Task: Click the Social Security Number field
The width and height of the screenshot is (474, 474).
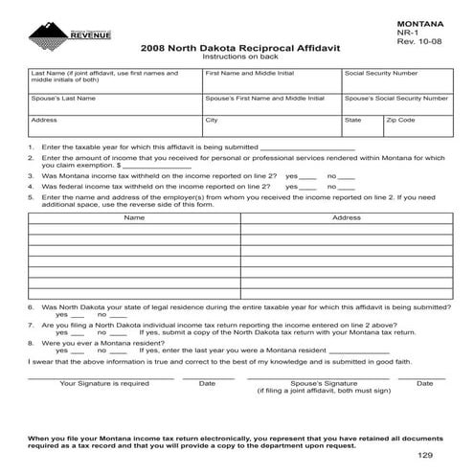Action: click(395, 79)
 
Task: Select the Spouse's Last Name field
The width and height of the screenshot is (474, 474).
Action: click(114, 103)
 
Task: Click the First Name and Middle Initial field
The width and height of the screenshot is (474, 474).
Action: click(271, 79)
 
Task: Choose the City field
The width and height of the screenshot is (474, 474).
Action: click(271, 126)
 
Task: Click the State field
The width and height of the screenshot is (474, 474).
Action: click(361, 126)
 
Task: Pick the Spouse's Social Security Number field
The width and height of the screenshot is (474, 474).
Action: click(395, 103)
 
